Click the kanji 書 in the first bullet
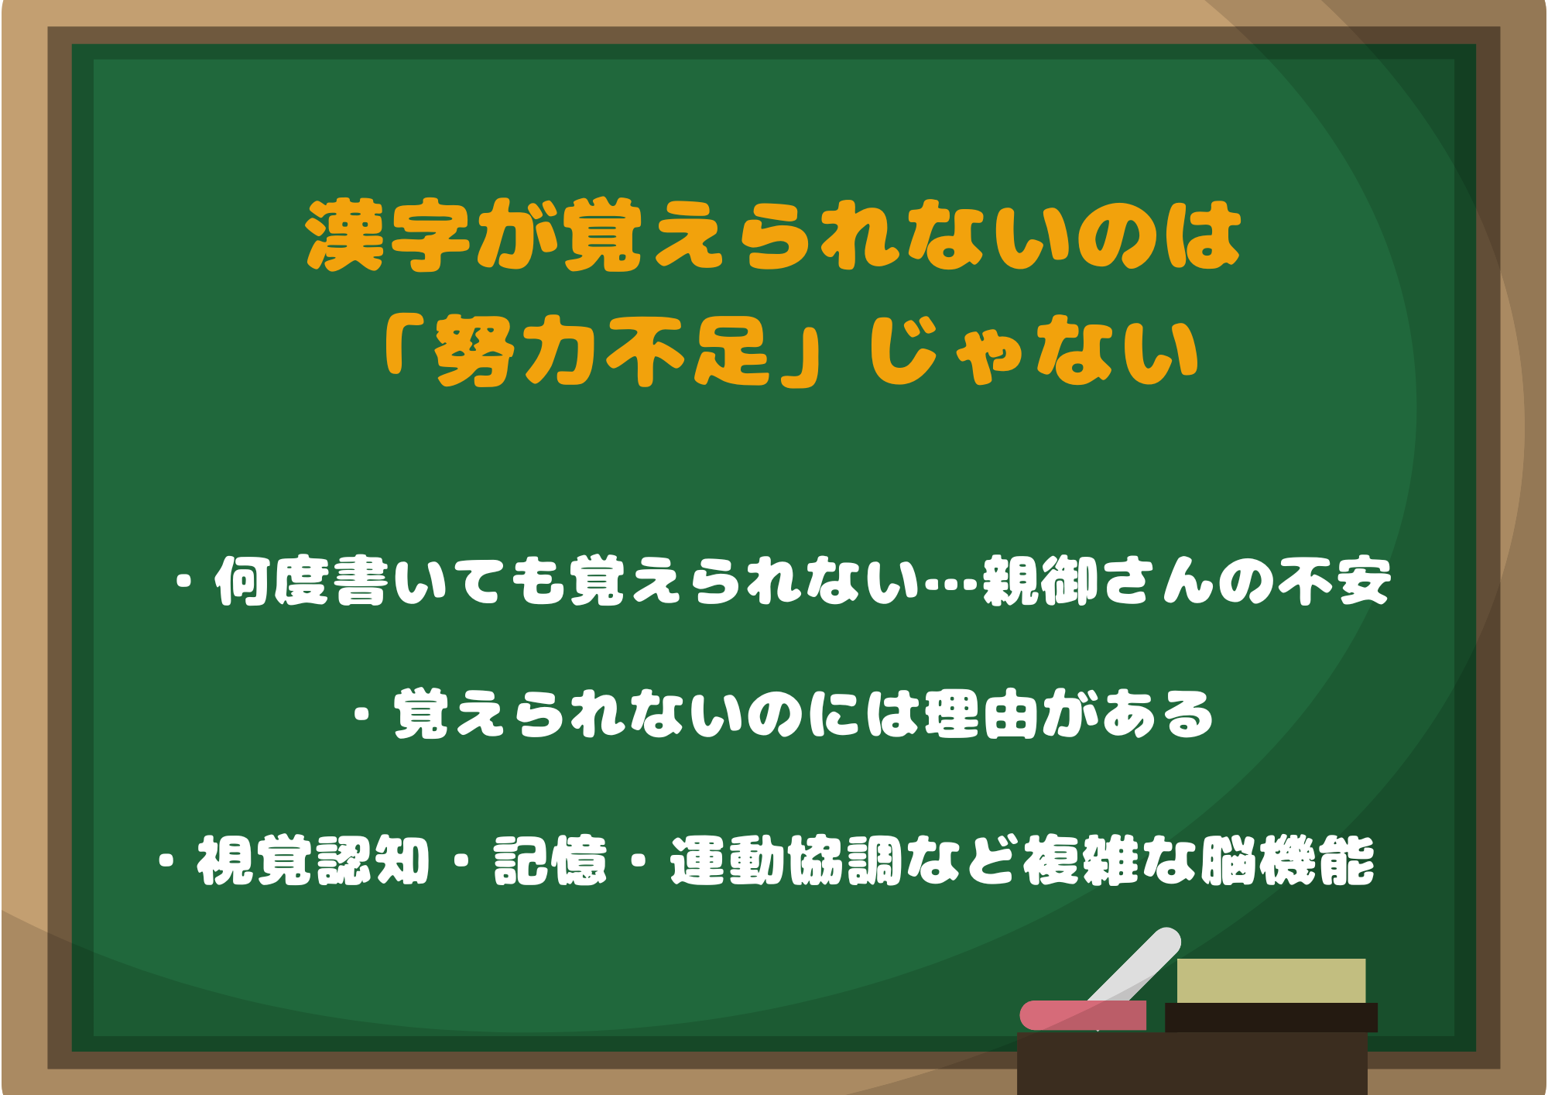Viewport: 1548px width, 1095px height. pyautogui.click(x=361, y=581)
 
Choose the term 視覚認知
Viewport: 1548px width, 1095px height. pyautogui.click(x=313, y=860)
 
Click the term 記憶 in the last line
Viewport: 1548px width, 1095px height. pyautogui.click(x=550, y=860)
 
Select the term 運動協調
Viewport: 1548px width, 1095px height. pyautogui.click(x=786, y=860)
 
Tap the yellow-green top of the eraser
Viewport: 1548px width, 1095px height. pyautogui.click(x=1271, y=980)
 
